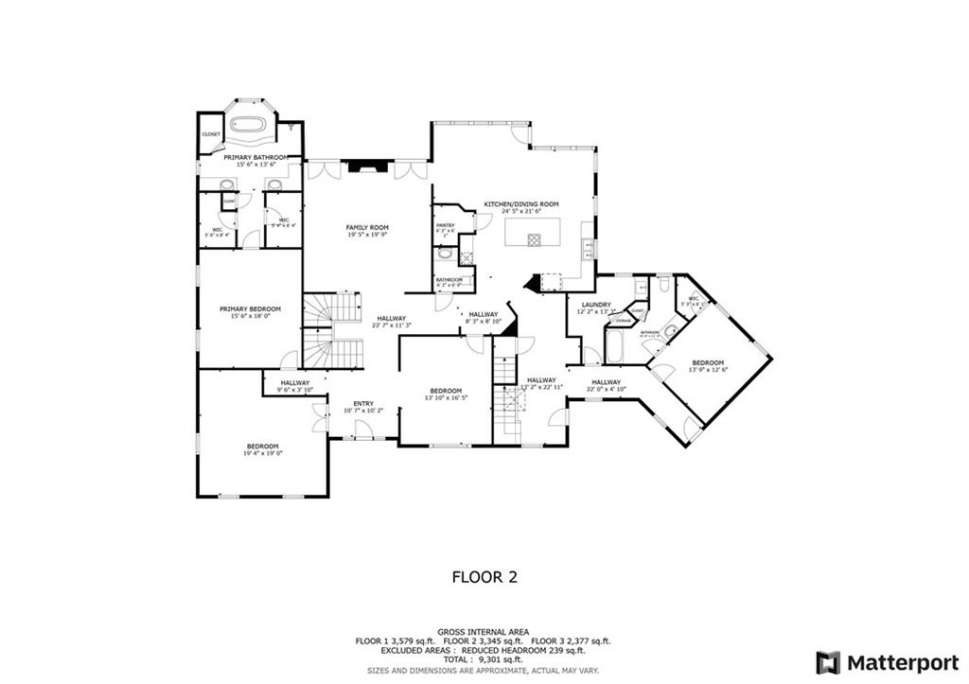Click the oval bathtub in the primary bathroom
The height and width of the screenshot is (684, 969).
pyautogui.click(x=252, y=124)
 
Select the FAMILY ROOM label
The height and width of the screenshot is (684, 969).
pyautogui.click(x=367, y=228)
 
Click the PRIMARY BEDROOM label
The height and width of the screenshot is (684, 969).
pyautogui.click(x=251, y=309)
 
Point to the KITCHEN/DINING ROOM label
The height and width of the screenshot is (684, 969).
pyautogui.click(x=521, y=204)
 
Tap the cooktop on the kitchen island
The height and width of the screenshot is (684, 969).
pyautogui.click(x=534, y=239)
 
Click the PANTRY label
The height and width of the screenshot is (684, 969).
pyautogui.click(x=446, y=225)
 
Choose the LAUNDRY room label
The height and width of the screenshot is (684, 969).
pyautogui.click(x=596, y=305)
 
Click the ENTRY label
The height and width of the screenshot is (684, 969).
pyautogui.click(x=363, y=403)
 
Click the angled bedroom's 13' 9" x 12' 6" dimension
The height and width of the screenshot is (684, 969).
pyautogui.click(x=708, y=370)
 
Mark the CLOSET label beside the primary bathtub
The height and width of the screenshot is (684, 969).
pyautogui.click(x=211, y=134)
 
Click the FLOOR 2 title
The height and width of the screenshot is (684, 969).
pyautogui.click(x=484, y=575)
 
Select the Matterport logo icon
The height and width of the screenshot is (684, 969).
pyautogui.click(x=829, y=661)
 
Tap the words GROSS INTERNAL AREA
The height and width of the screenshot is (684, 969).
pyautogui.click(x=483, y=631)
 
